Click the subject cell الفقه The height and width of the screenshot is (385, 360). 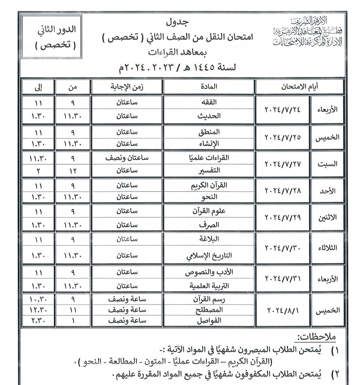point(208,103)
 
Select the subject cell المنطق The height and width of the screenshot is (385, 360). point(208,131)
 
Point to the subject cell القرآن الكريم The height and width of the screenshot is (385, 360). point(208,185)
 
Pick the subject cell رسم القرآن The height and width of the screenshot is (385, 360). point(208,299)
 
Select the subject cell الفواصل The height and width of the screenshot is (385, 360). point(208,321)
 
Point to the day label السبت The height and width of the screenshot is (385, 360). point(327,164)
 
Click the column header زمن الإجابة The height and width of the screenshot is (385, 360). point(127,87)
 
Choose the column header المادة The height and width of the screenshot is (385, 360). point(208,87)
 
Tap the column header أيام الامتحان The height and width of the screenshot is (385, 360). point(299,87)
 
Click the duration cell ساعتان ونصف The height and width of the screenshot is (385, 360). point(127,158)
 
